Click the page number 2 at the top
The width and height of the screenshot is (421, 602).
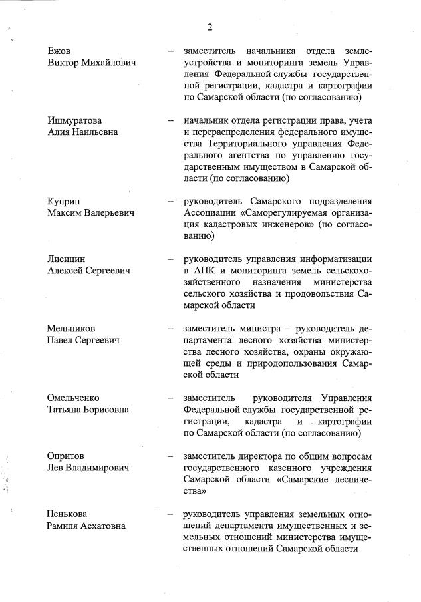coord(210,27)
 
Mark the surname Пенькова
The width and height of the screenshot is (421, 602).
coord(67,514)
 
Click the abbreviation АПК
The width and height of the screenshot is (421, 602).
coord(207,271)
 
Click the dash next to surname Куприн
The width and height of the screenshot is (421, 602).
coord(171,202)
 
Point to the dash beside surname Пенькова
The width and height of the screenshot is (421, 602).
coord(171,514)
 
